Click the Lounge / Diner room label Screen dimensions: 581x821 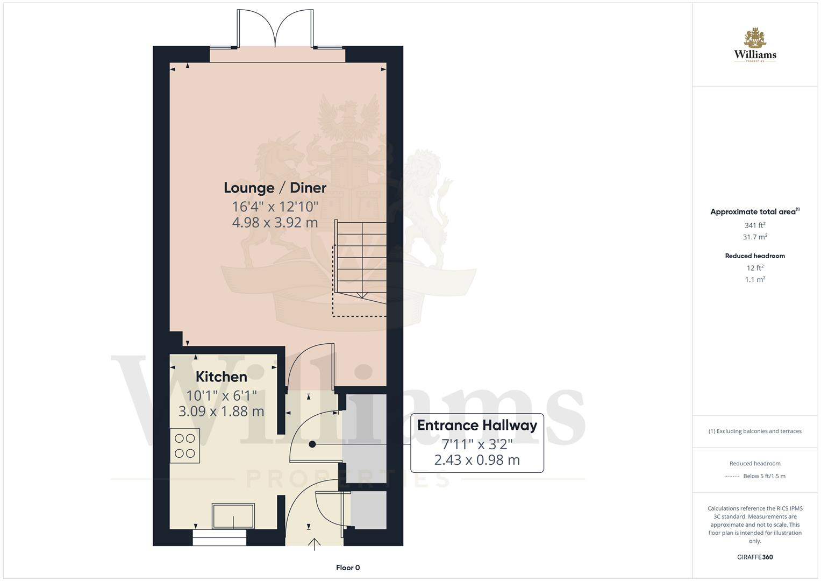click(275, 188)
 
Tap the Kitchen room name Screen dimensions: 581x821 click(221, 377)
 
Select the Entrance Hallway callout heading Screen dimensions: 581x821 click(477, 425)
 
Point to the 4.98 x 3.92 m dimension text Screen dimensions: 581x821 click(275, 222)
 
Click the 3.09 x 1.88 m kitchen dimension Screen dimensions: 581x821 click(221, 412)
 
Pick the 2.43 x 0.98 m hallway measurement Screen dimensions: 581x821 click(477, 460)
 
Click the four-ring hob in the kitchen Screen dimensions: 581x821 click(185, 445)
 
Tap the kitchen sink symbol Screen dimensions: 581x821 click(233, 516)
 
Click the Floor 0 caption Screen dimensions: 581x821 click(348, 568)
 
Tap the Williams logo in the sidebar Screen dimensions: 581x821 click(755, 45)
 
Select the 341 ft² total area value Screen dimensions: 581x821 click(755, 225)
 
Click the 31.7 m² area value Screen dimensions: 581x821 click(755, 237)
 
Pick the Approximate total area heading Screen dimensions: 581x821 click(755, 212)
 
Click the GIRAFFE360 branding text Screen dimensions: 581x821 click(755, 557)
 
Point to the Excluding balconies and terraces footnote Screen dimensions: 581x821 click(755, 431)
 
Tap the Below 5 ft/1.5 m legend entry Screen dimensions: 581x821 click(764, 476)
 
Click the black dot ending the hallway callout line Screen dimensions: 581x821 click(312, 444)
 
